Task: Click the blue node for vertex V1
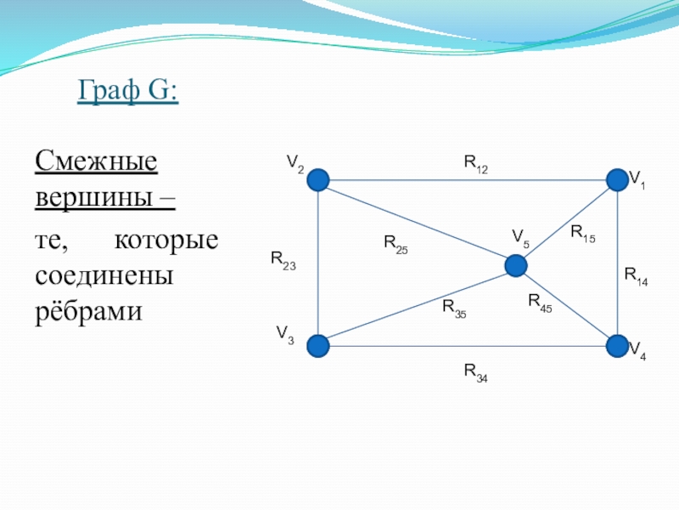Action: pyautogui.click(x=617, y=180)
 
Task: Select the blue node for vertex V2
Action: pyautogui.click(x=318, y=180)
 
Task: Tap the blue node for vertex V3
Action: pyautogui.click(x=318, y=346)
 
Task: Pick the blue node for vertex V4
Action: pyautogui.click(x=617, y=346)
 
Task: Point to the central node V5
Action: pyautogui.click(x=516, y=266)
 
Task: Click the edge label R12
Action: pyautogui.click(x=476, y=164)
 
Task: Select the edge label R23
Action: pyautogui.click(x=283, y=261)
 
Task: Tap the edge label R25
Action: pyautogui.click(x=396, y=245)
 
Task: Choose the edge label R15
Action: pyautogui.click(x=583, y=234)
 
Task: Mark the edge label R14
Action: pyautogui.click(x=636, y=277)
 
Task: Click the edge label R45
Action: pyautogui.click(x=540, y=303)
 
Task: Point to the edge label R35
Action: pyautogui.click(x=454, y=309)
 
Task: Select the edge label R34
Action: pyautogui.click(x=476, y=373)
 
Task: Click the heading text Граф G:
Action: pyautogui.click(x=128, y=90)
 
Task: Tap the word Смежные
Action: pyautogui.click(x=96, y=161)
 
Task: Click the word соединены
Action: pyautogui.click(x=104, y=275)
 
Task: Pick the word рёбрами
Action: pyautogui.click(x=89, y=311)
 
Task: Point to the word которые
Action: pyautogui.click(x=166, y=241)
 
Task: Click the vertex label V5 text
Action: pyautogui.click(x=521, y=239)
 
